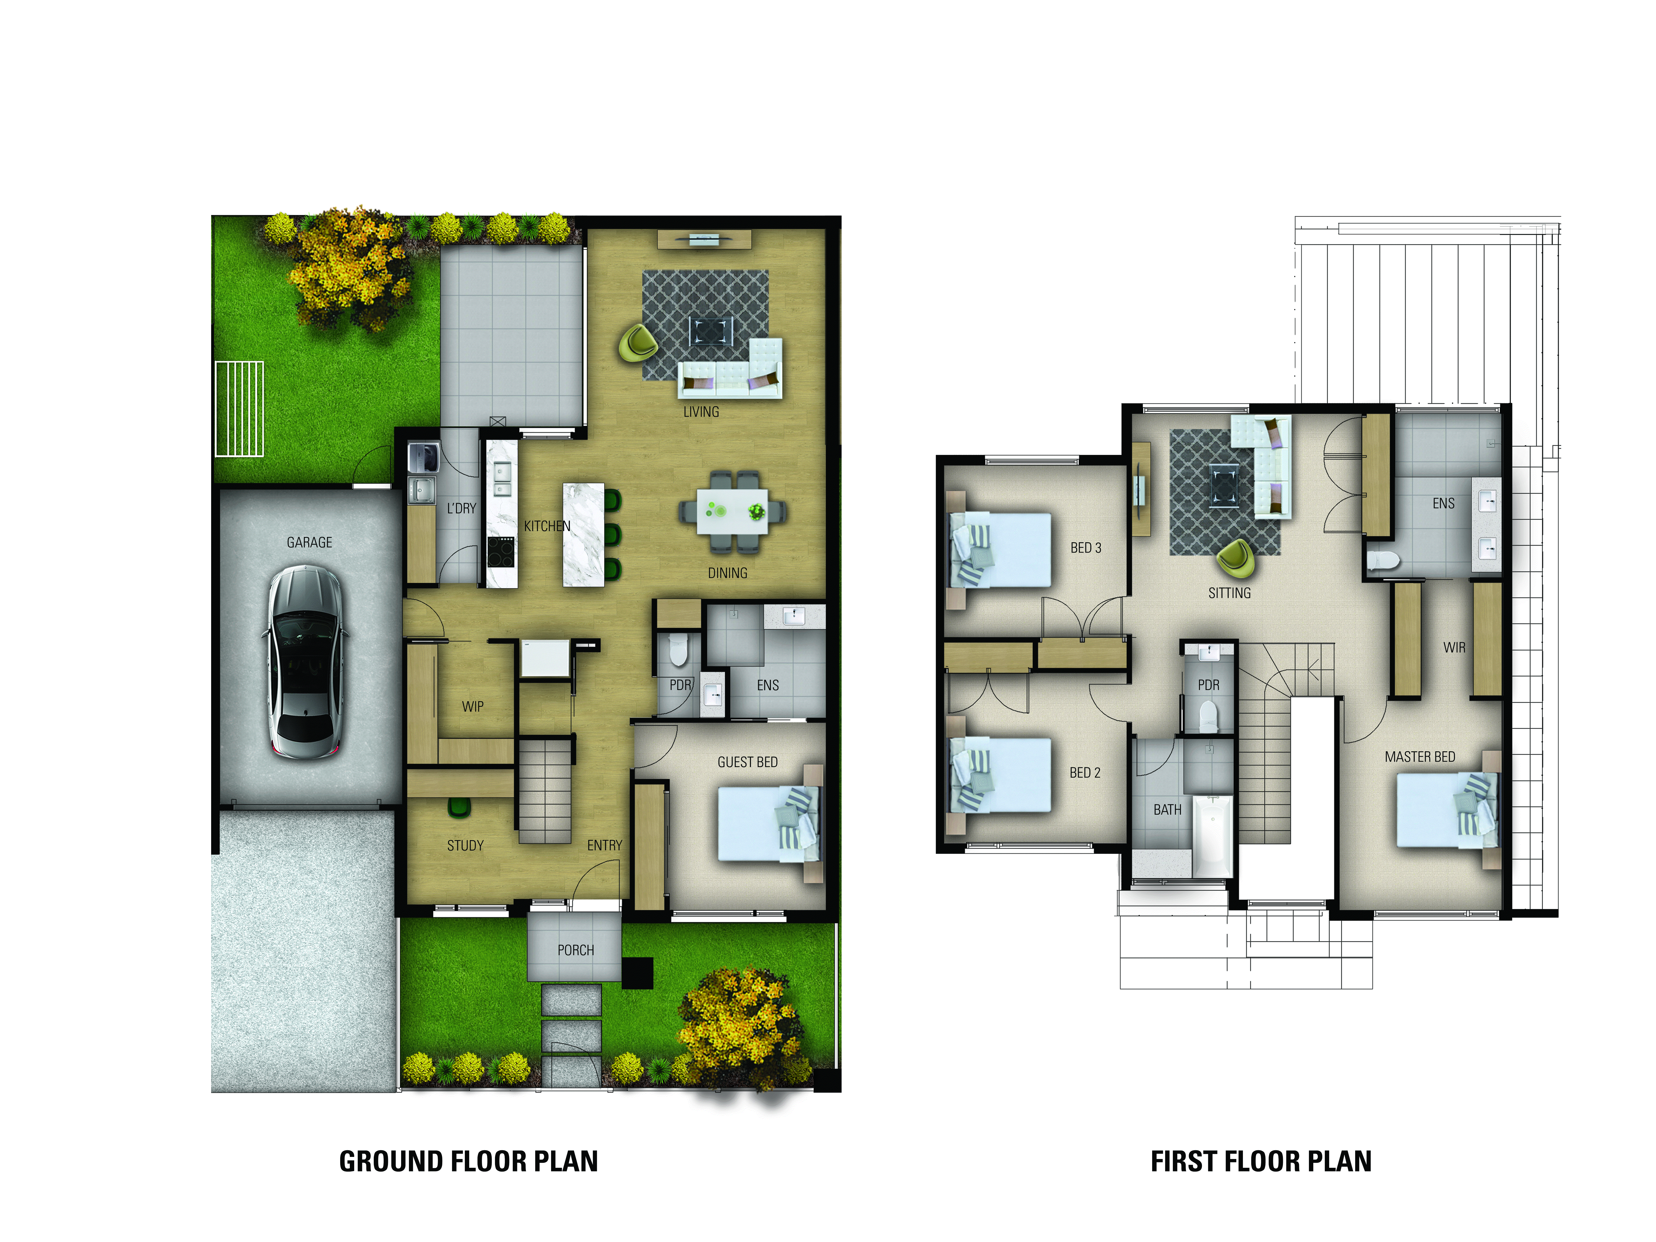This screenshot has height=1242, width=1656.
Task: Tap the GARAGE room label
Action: (309, 542)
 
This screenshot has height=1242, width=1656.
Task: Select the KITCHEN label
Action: (546, 526)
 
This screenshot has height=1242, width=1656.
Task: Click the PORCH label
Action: (575, 950)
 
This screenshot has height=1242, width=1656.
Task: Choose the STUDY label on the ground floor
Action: (465, 845)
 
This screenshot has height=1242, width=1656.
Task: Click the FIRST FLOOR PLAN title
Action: (1261, 1161)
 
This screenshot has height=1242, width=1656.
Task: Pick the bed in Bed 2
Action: (999, 775)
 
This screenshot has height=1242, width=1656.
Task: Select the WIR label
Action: (1454, 648)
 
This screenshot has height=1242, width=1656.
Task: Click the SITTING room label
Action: (1229, 593)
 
